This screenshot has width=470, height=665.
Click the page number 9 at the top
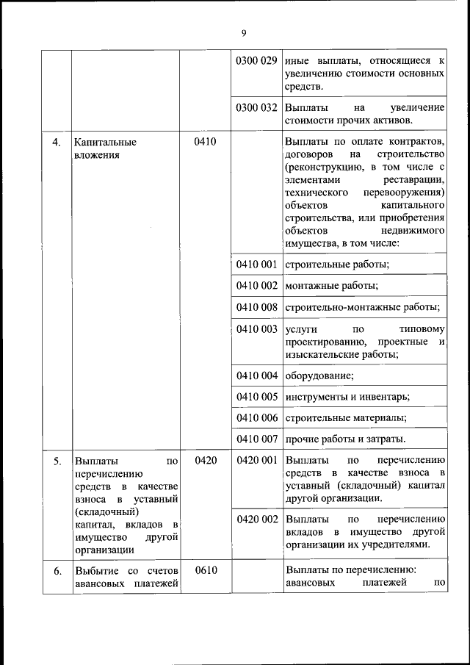pos(243,32)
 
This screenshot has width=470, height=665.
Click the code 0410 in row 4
pos(205,141)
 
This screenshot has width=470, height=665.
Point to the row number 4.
pos(56,141)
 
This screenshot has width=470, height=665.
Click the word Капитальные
pos(106,141)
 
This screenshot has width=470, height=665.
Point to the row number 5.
pos(56,461)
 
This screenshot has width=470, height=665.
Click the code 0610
pos(205,570)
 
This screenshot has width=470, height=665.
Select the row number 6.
pos(56,570)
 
